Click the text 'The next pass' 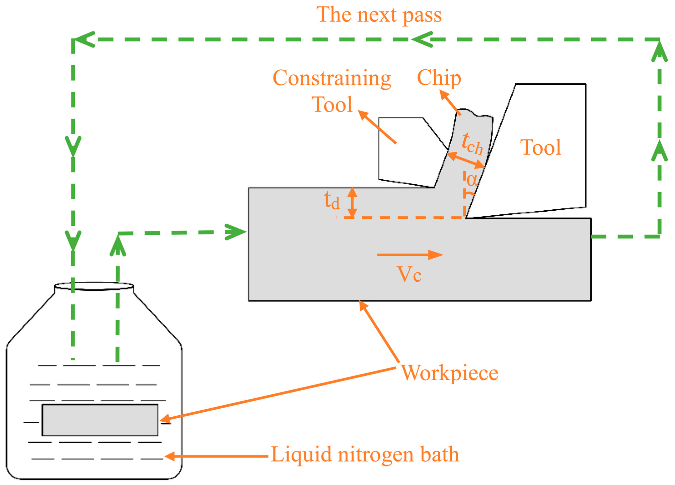(379, 15)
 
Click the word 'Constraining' (332, 78)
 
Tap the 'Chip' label (439, 78)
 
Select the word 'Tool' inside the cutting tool (540, 147)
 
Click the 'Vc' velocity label (409, 275)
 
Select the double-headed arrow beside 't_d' (352, 203)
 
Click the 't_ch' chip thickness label (472, 144)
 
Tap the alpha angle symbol (471, 180)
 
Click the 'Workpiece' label (449, 373)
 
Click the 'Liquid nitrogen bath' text (365, 455)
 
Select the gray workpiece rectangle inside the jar (100, 420)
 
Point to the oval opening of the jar (94, 286)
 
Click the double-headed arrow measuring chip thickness (466, 160)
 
